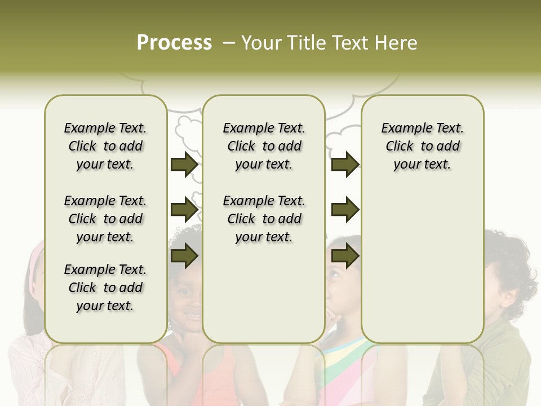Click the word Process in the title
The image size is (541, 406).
tap(174, 43)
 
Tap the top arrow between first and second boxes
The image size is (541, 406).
tap(184, 165)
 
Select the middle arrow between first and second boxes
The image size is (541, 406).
tap(184, 210)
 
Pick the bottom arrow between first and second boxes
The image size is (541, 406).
tap(184, 256)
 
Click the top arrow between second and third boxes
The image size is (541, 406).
tap(345, 165)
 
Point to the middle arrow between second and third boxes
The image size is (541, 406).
tap(345, 210)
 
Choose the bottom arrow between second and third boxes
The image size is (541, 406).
tap(345, 256)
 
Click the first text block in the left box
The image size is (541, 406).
tap(105, 146)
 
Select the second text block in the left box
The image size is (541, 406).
tap(105, 219)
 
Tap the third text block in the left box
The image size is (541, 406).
tap(105, 288)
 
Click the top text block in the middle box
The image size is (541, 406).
tap(264, 146)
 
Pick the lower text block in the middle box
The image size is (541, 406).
tap(264, 219)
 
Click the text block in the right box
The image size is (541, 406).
tap(422, 146)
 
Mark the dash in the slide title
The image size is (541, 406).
tap(229, 43)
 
